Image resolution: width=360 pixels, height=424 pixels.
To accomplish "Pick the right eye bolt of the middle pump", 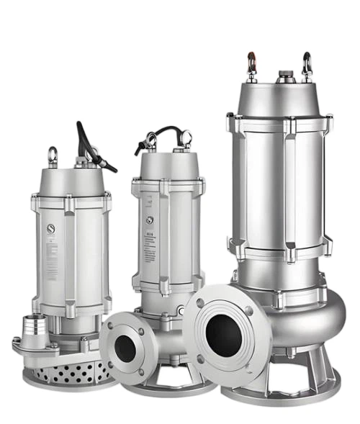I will pyautogui.click(x=186, y=137).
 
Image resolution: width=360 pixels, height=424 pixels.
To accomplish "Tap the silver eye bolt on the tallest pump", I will pyautogui.click(x=307, y=65).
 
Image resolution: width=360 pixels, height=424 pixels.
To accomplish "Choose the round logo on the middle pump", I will pyautogui.click(x=149, y=220).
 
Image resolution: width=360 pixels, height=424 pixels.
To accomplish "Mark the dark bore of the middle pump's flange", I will pyautogui.click(x=125, y=348).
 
